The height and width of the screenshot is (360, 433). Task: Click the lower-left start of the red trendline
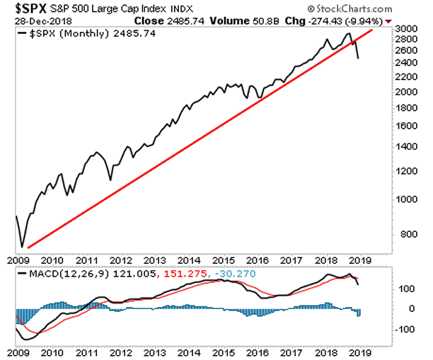coord(28,248)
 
